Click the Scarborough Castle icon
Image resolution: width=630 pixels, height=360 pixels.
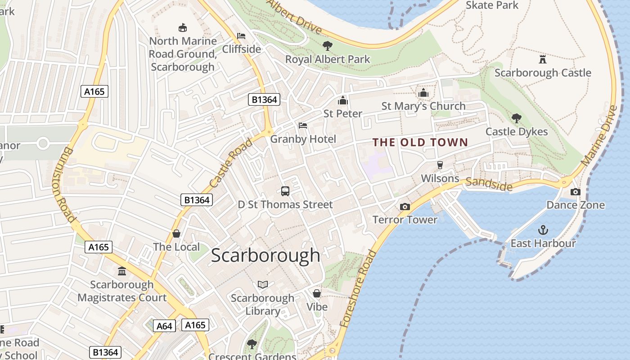click(x=543, y=59)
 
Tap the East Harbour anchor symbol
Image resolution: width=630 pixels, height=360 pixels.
click(x=543, y=230)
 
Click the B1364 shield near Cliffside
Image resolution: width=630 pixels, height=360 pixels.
click(x=264, y=99)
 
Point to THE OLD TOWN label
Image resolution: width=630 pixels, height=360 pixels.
click(x=420, y=143)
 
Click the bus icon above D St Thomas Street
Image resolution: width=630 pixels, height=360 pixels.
click(x=285, y=191)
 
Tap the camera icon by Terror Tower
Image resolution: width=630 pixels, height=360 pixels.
click(x=405, y=207)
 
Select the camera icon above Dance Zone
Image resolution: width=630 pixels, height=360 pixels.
click(x=575, y=192)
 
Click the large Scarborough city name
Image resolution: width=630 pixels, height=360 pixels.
click(x=265, y=256)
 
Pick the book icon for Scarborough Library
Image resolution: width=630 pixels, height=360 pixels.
click(x=263, y=284)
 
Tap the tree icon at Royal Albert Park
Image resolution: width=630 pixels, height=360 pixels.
click(x=328, y=45)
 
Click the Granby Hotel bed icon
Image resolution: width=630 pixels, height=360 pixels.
click(x=303, y=126)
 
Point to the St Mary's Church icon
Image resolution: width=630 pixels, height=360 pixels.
click(x=423, y=93)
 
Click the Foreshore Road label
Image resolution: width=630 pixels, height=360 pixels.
click(x=358, y=288)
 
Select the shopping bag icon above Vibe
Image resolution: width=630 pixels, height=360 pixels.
click(x=317, y=293)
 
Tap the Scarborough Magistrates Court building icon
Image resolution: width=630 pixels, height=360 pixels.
click(x=122, y=271)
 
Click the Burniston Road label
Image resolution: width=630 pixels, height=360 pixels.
click(x=63, y=184)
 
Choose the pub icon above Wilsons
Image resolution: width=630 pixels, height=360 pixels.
click(x=440, y=165)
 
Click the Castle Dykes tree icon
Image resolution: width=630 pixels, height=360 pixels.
click(x=517, y=118)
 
